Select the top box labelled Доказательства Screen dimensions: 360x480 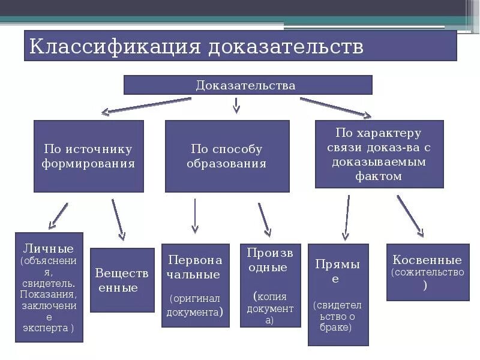point(247,85)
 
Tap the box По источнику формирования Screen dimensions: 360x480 point(88,156)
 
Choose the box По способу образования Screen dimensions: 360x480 point(227,156)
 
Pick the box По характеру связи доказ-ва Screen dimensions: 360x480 point(379,154)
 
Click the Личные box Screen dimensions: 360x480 point(49,287)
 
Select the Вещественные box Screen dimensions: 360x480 point(122,280)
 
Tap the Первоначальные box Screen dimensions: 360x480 point(195,285)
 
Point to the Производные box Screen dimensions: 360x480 point(270,285)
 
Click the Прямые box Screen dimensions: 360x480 point(337,294)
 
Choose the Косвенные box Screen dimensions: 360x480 point(427,272)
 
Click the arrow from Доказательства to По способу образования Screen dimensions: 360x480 point(236,106)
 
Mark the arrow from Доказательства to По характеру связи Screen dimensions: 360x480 point(336,107)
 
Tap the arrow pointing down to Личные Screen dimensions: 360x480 point(58,216)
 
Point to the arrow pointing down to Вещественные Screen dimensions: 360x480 point(118,220)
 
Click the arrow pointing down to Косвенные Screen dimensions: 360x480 point(410,215)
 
